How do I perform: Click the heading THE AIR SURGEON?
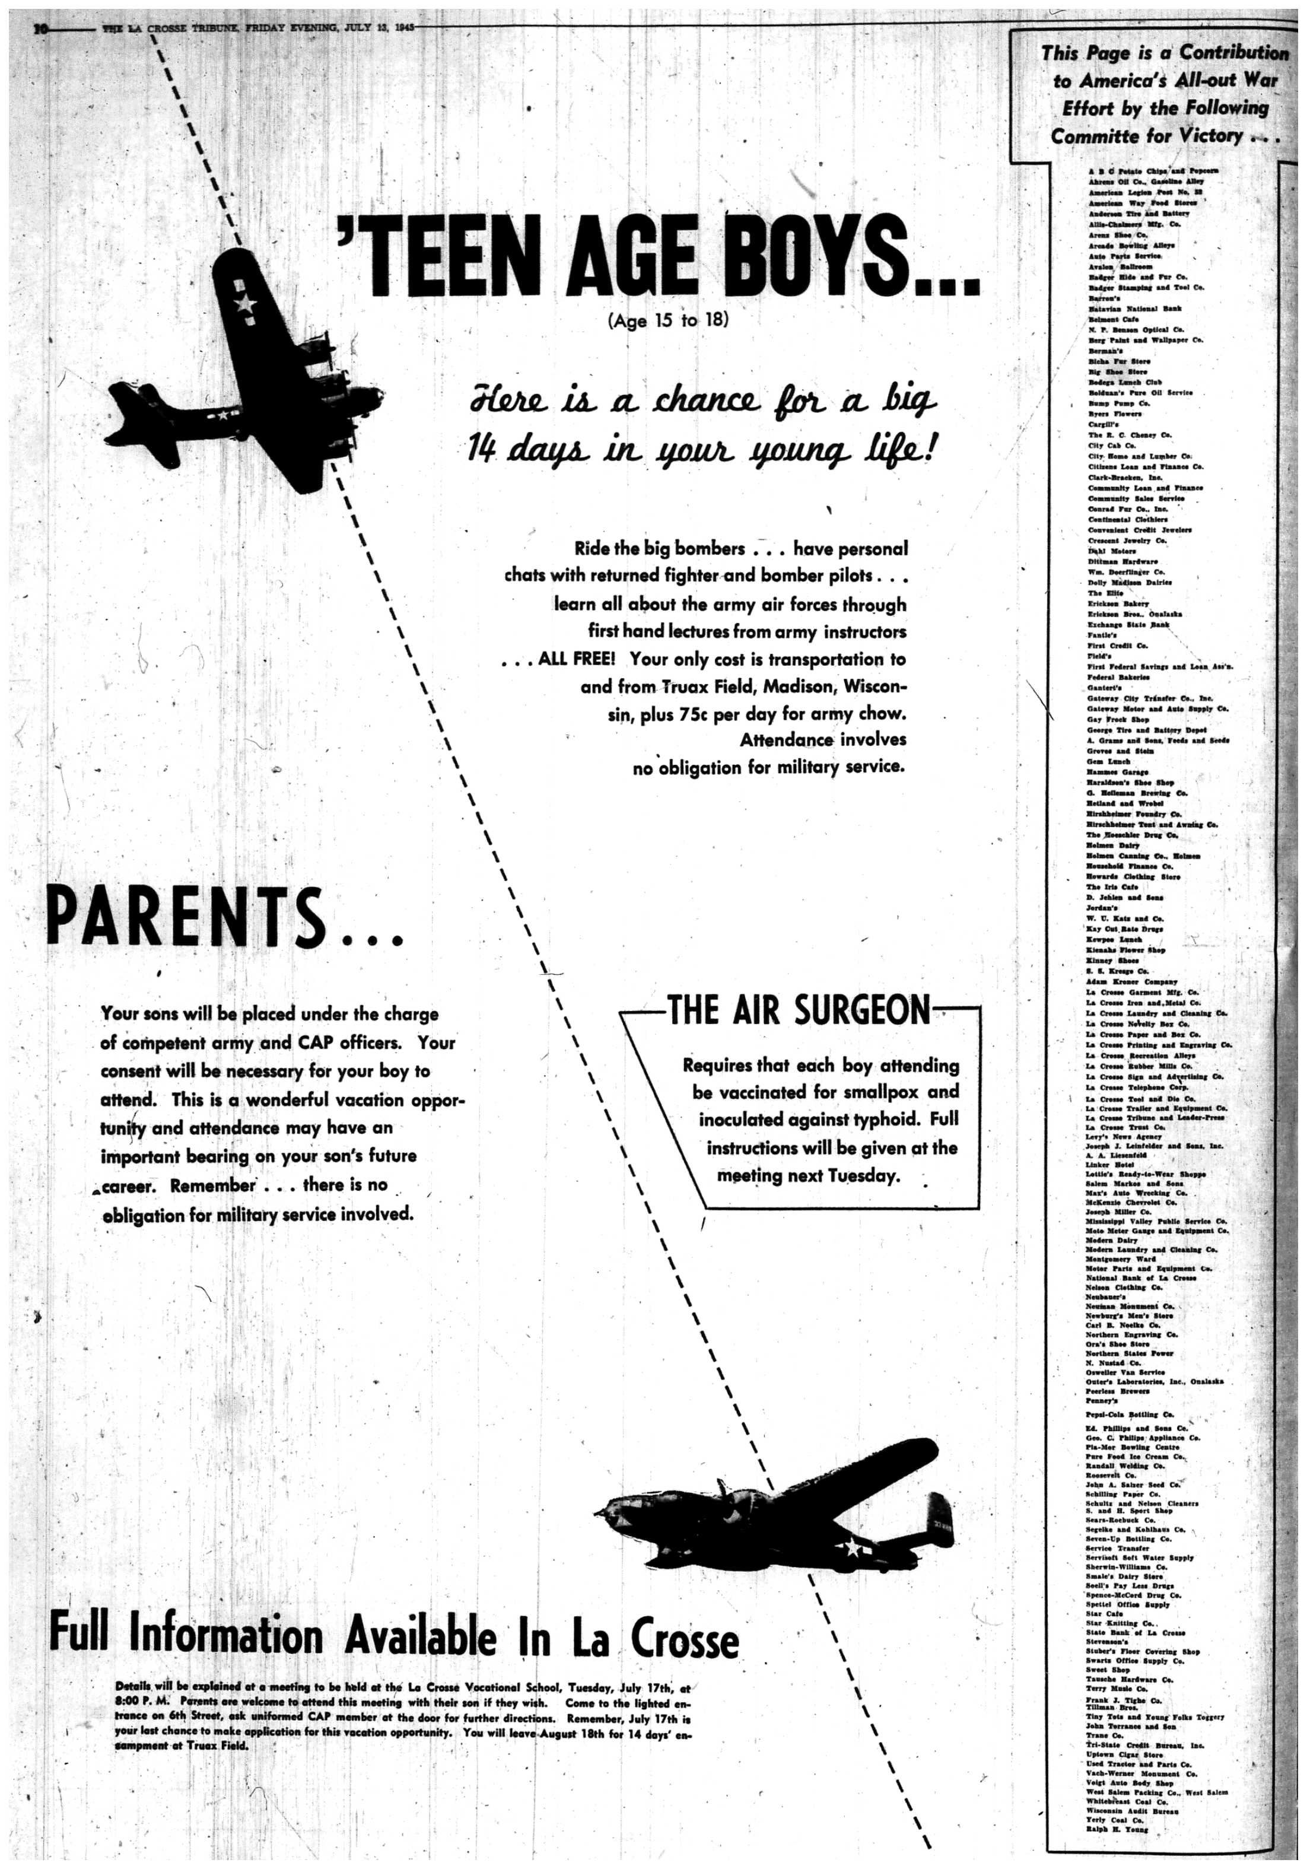[x=799, y=1010]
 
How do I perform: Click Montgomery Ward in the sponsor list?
[x=1121, y=1258]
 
